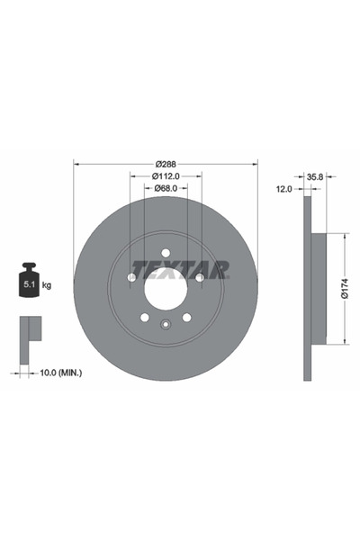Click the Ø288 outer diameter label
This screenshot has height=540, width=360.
(165, 163)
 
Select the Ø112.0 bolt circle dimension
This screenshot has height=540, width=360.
(165, 175)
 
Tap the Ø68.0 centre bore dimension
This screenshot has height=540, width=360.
(165, 188)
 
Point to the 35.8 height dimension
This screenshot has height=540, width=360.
(315, 177)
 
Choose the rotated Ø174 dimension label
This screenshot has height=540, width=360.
(344, 287)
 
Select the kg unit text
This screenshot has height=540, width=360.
(47, 285)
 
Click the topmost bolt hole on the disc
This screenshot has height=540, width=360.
(166, 253)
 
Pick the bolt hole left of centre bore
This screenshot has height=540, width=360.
(131, 278)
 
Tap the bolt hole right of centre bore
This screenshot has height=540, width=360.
(200, 278)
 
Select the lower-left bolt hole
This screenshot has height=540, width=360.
(144, 318)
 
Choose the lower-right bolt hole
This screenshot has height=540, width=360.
(187, 318)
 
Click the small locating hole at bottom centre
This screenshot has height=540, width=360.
(166, 326)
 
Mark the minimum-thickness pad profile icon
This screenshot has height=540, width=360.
(31, 330)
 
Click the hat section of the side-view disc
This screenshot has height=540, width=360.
(316, 288)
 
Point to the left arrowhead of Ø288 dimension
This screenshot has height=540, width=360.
(76, 163)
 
